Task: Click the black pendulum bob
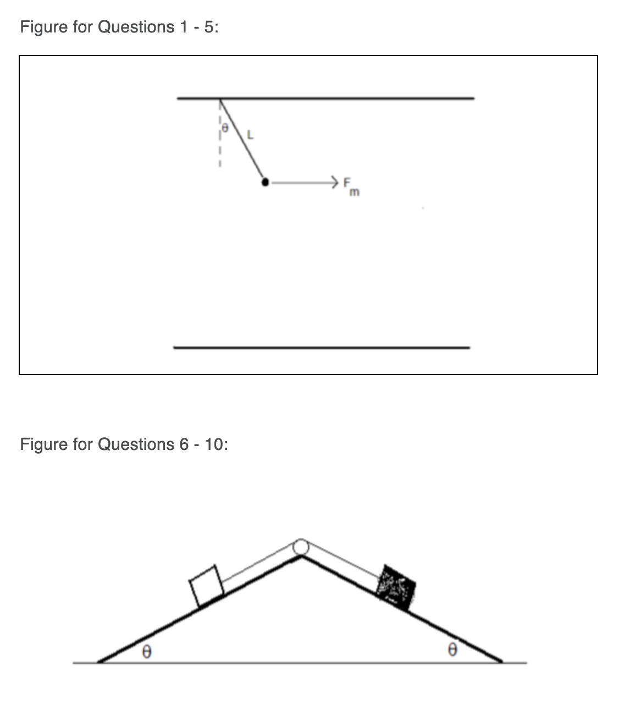[x=266, y=182]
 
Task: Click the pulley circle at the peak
[x=301, y=546]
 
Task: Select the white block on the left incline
[x=206, y=587]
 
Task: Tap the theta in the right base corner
[x=452, y=650]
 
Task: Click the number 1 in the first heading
[x=183, y=27]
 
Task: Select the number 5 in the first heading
[x=209, y=27]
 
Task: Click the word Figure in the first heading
[x=42, y=27]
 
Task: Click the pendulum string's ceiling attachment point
[x=220, y=99]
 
